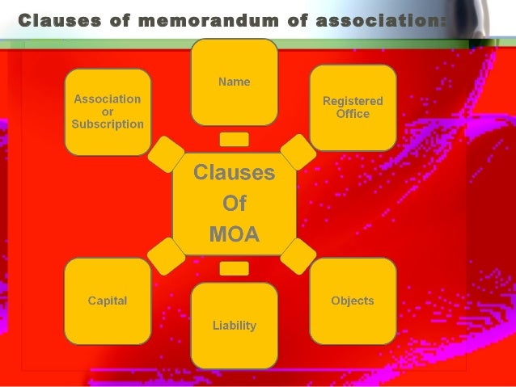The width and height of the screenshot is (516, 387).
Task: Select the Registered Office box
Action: coord(353,107)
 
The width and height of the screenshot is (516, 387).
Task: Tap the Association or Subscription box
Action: coord(108,111)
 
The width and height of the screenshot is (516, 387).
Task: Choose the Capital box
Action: coord(108,301)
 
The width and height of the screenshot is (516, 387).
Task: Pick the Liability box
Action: coord(234,326)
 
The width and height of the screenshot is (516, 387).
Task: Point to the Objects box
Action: coord(353,301)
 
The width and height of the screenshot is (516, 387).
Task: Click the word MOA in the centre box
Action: coord(234,235)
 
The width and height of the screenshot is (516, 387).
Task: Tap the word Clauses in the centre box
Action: coord(234,173)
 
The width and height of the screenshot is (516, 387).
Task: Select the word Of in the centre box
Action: coord(234,204)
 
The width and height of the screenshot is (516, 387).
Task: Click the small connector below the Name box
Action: coord(234,139)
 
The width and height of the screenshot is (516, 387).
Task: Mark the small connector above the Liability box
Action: coord(234,268)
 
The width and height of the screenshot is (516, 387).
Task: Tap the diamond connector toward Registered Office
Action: coord(298,151)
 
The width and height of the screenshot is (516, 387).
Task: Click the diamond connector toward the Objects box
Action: coord(297,254)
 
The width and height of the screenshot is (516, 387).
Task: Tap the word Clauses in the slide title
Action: coord(59,19)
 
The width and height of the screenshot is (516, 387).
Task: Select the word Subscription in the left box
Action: coord(108,124)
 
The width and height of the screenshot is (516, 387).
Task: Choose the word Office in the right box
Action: coord(353,114)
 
